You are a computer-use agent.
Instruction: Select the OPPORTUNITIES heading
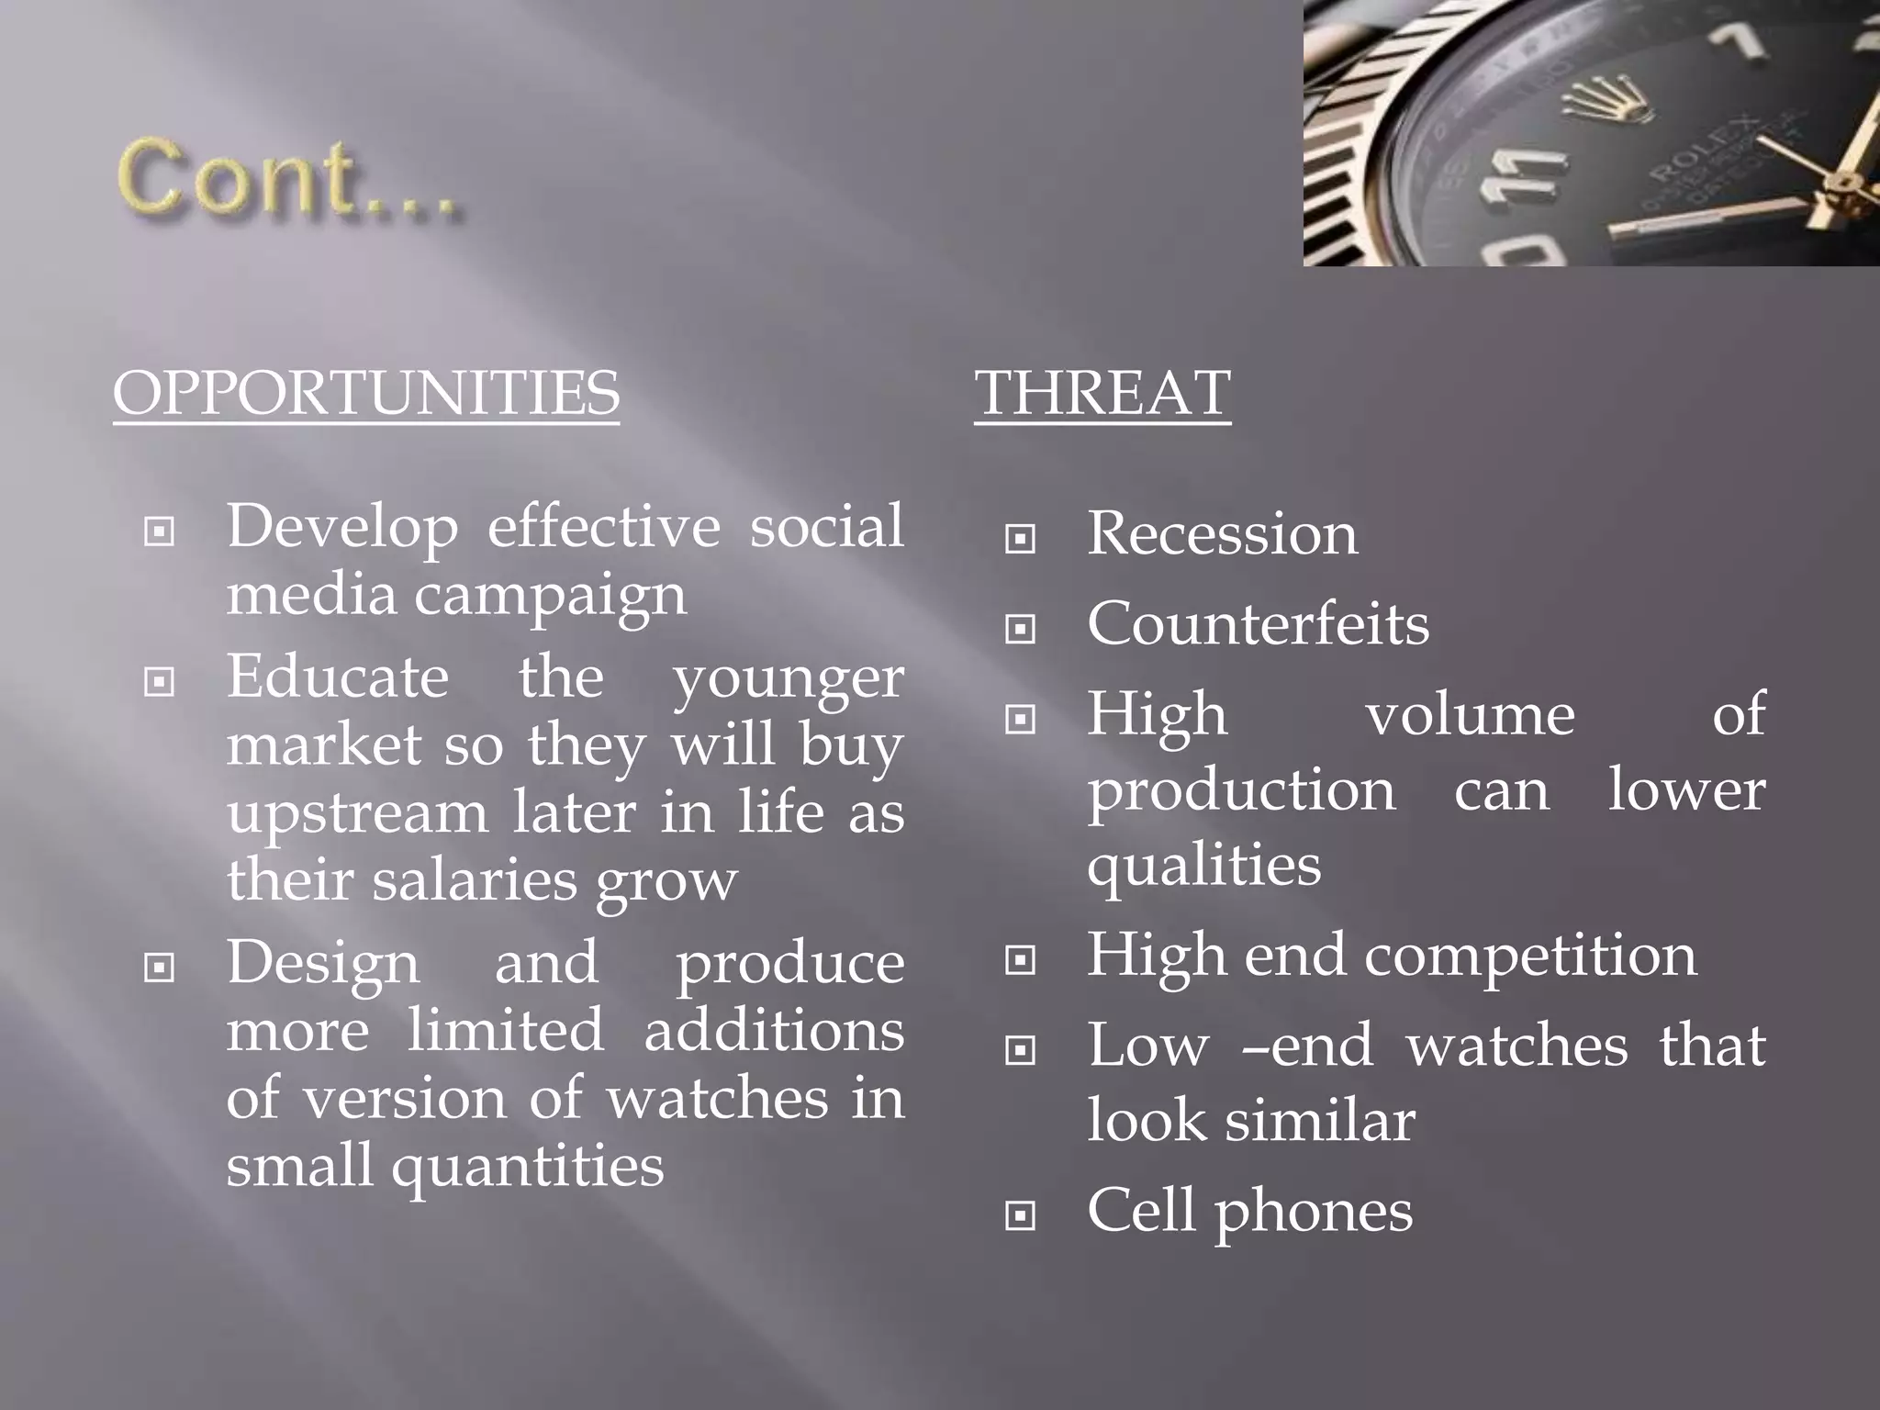click(x=366, y=393)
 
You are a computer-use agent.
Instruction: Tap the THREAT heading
click(x=1102, y=393)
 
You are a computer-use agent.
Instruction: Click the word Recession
click(x=1222, y=533)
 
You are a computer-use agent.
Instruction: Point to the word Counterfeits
click(x=1258, y=624)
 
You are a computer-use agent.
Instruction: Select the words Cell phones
click(x=1249, y=1211)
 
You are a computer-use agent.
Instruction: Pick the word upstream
click(x=358, y=813)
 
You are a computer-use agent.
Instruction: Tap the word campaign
click(x=550, y=595)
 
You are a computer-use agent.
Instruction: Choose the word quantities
click(x=527, y=1166)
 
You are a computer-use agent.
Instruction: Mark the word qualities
click(x=1203, y=866)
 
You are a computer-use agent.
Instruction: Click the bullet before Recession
click(x=1020, y=538)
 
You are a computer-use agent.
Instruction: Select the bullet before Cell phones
click(x=1020, y=1215)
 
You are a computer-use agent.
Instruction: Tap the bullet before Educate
click(x=160, y=681)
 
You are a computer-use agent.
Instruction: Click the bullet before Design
click(x=160, y=967)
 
